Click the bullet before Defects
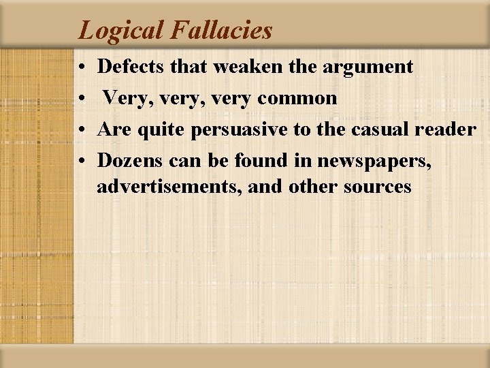(x=81, y=67)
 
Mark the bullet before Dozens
(x=81, y=162)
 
